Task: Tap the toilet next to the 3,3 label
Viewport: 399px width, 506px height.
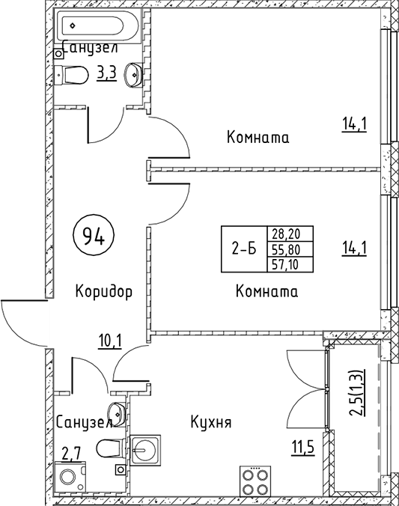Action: point(75,76)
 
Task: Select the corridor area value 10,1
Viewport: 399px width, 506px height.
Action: point(110,342)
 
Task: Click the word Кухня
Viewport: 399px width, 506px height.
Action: point(210,422)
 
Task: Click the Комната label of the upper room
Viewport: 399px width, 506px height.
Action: point(258,138)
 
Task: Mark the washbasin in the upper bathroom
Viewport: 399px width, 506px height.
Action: point(132,73)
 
